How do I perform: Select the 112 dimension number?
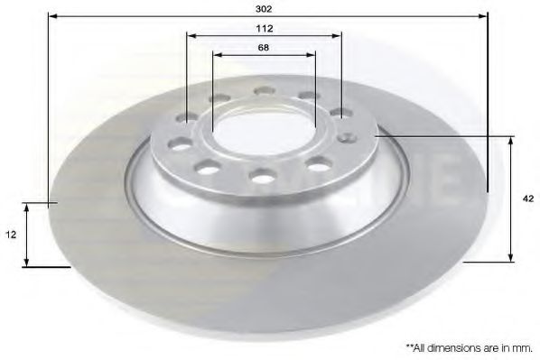pyautogui.click(x=264, y=27)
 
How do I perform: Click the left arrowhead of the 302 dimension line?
pyautogui.click(x=51, y=15)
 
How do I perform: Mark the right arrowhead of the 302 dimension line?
pyautogui.click(x=484, y=15)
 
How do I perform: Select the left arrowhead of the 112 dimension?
pyautogui.click(x=191, y=36)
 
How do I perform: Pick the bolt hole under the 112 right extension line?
pyautogui.click(x=340, y=113)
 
